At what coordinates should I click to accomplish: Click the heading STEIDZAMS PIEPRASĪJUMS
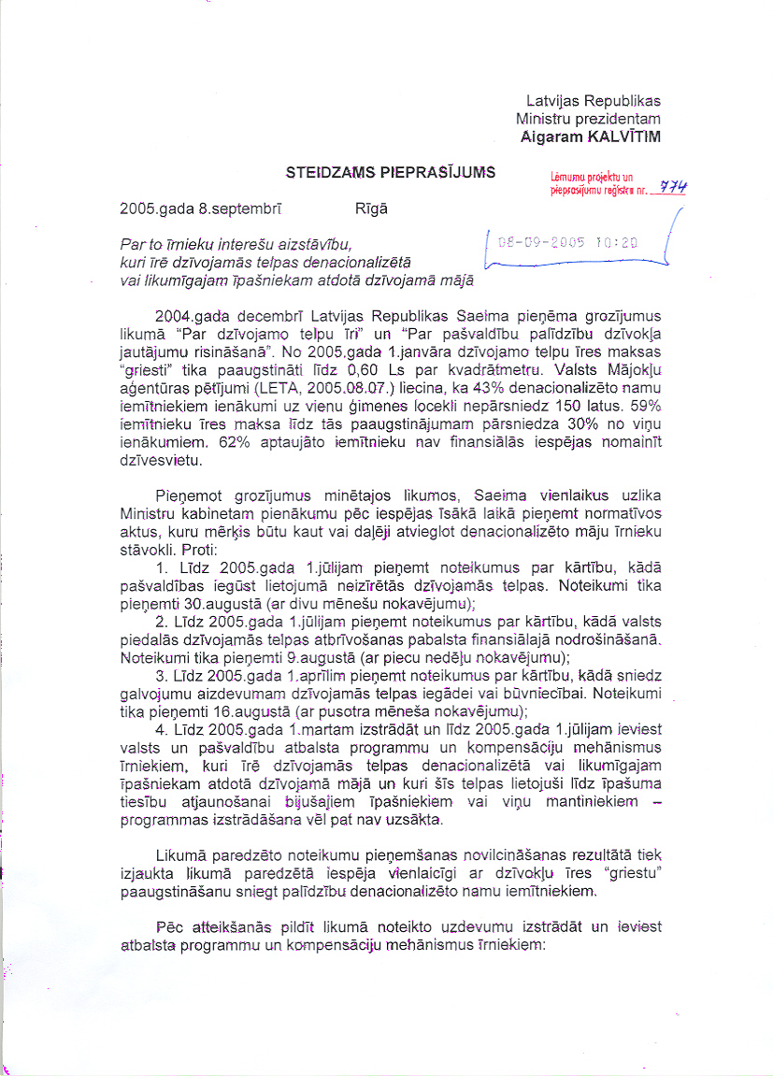click(391, 172)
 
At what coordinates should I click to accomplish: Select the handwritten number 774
click(673, 187)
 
